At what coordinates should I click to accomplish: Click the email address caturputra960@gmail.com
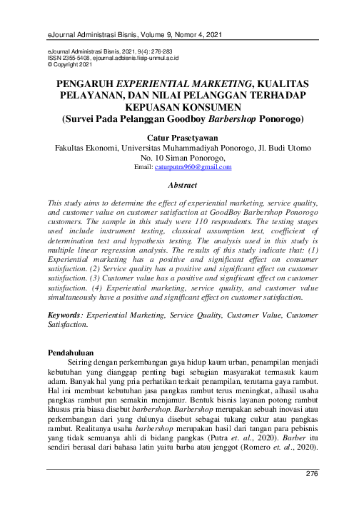click(x=193, y=167)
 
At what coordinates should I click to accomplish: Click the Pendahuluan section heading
click(x=74, y=353)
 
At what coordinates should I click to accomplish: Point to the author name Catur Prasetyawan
click(x=181, y=136)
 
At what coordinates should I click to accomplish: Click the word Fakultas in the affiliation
click(x=74, y=148)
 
